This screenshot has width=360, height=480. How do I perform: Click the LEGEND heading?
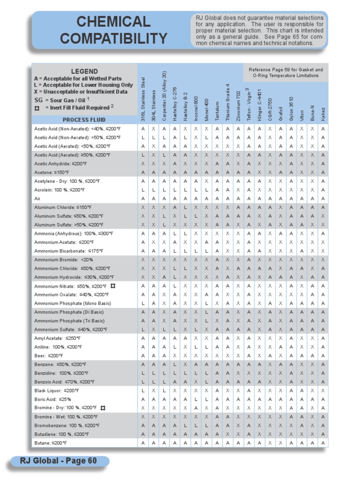[x=84, y=71]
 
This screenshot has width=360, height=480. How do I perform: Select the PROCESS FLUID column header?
[x=84, y=120]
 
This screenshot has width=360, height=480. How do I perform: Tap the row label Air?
[x=37, y=199]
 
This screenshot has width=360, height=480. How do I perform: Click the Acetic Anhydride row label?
[x=60, y=164]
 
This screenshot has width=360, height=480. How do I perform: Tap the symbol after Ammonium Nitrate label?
[x=113, y=286]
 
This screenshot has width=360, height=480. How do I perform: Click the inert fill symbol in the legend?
[x=37, y=108]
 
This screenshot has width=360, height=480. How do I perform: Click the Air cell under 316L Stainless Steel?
[x=143, y=199]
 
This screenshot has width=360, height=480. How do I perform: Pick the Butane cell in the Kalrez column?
[x=323, y=443]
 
